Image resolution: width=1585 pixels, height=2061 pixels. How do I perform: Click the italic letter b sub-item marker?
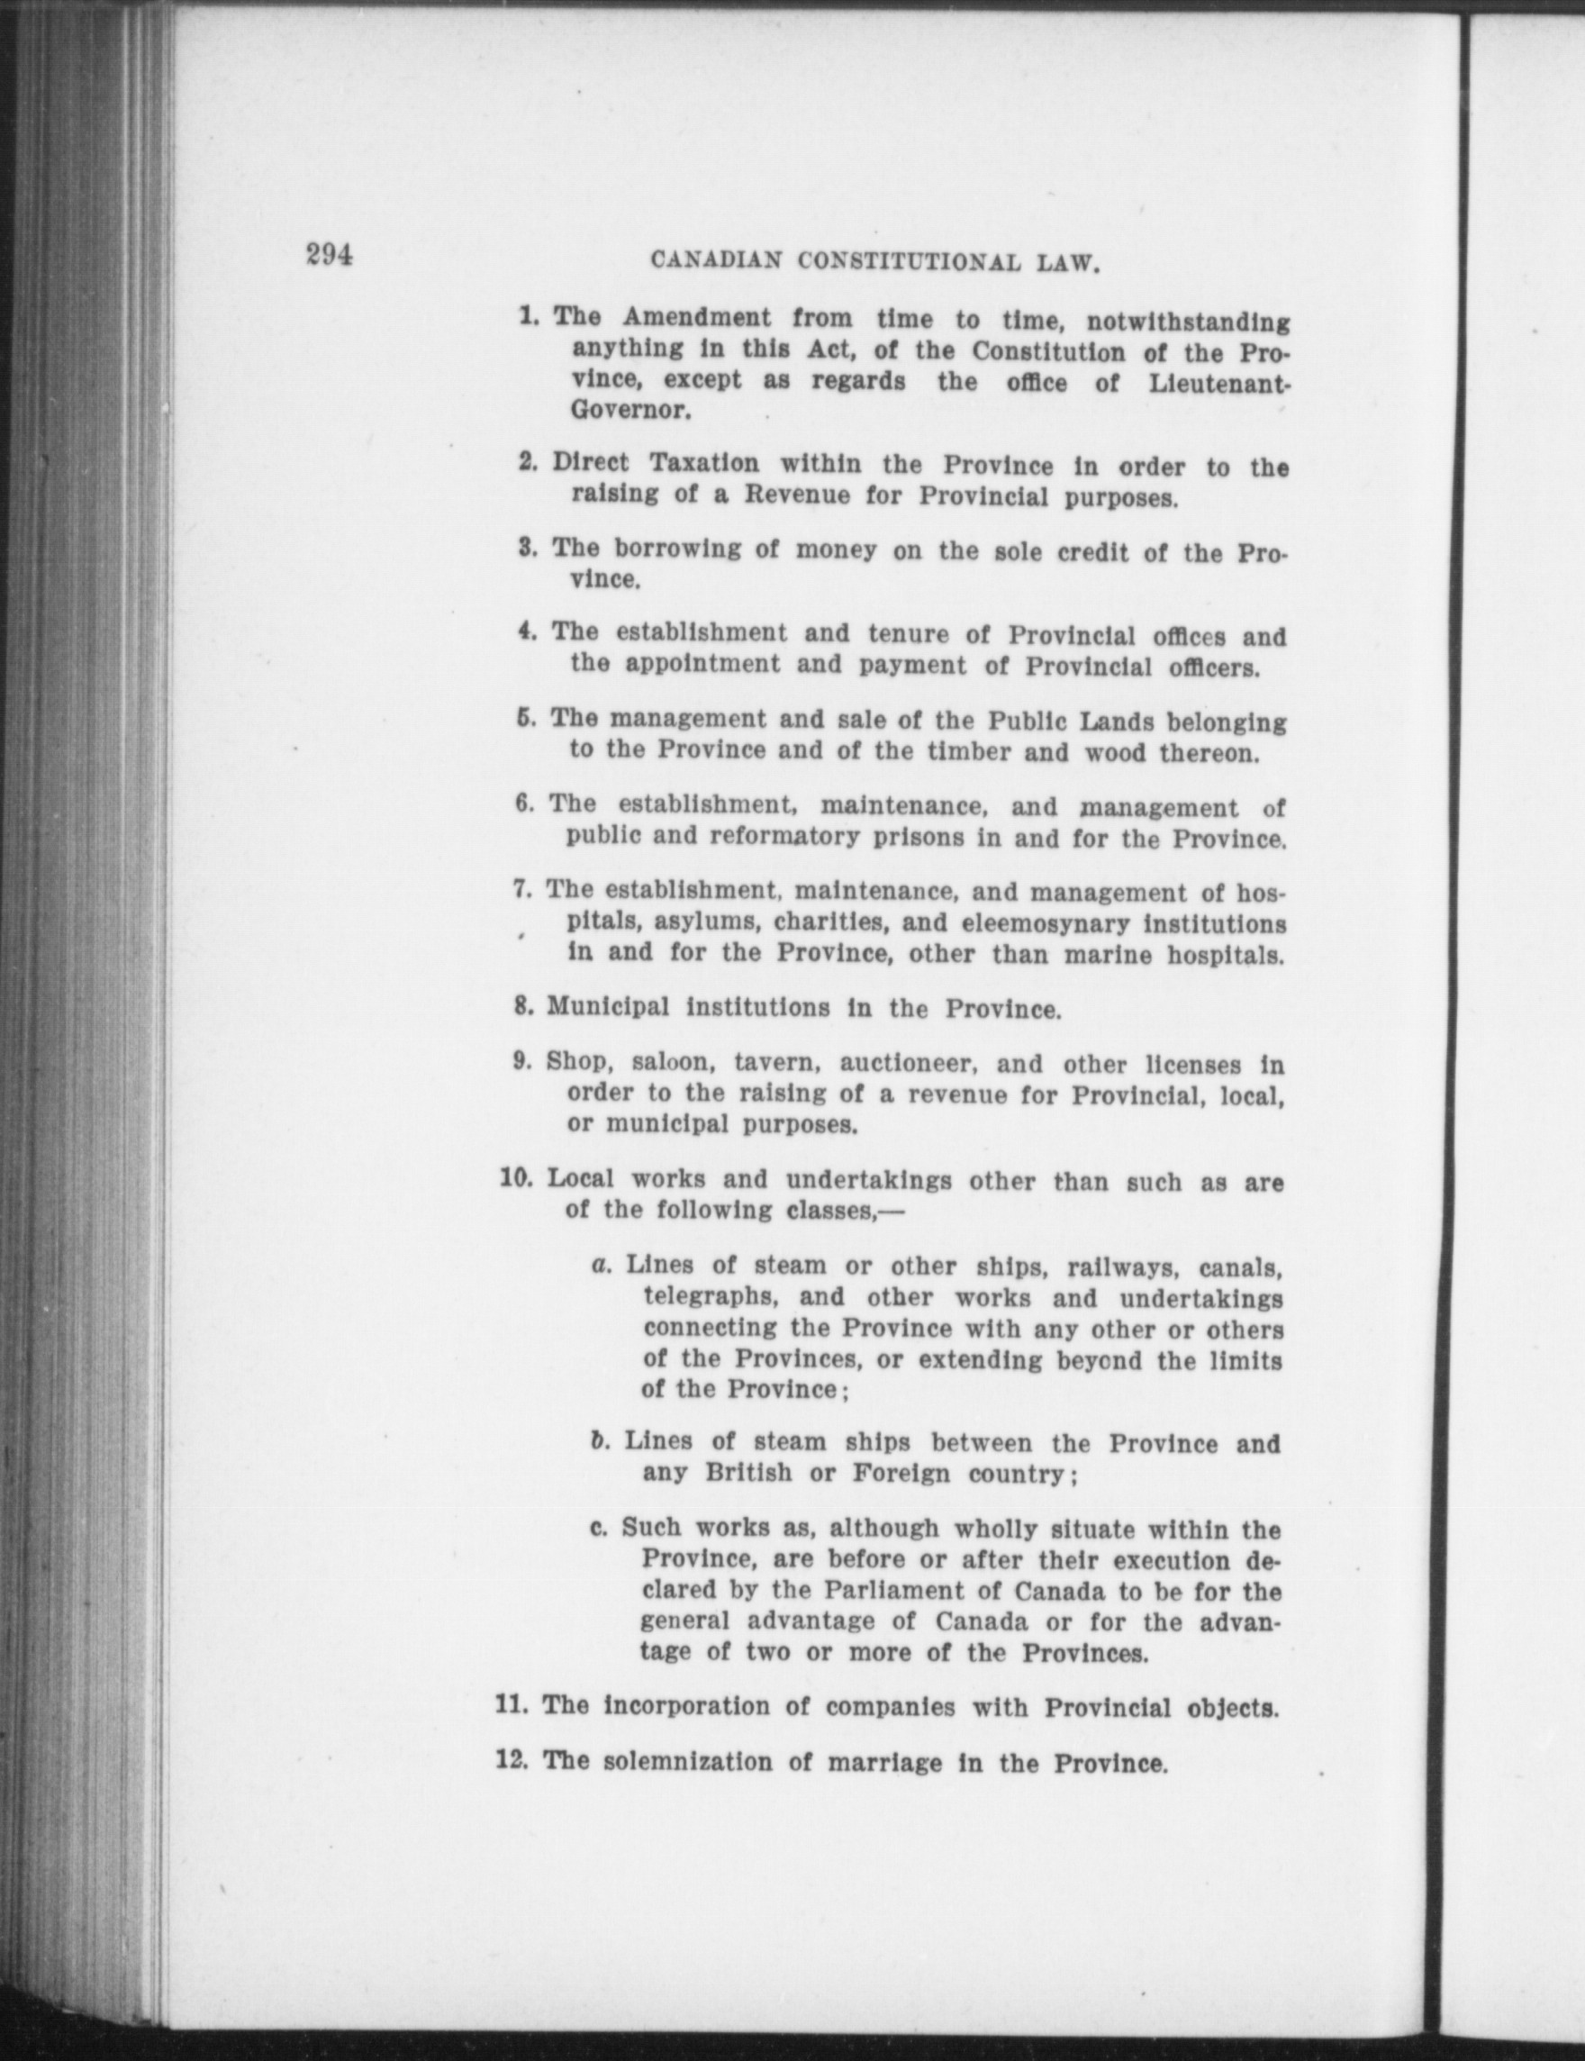click(x=597, y=1441)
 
